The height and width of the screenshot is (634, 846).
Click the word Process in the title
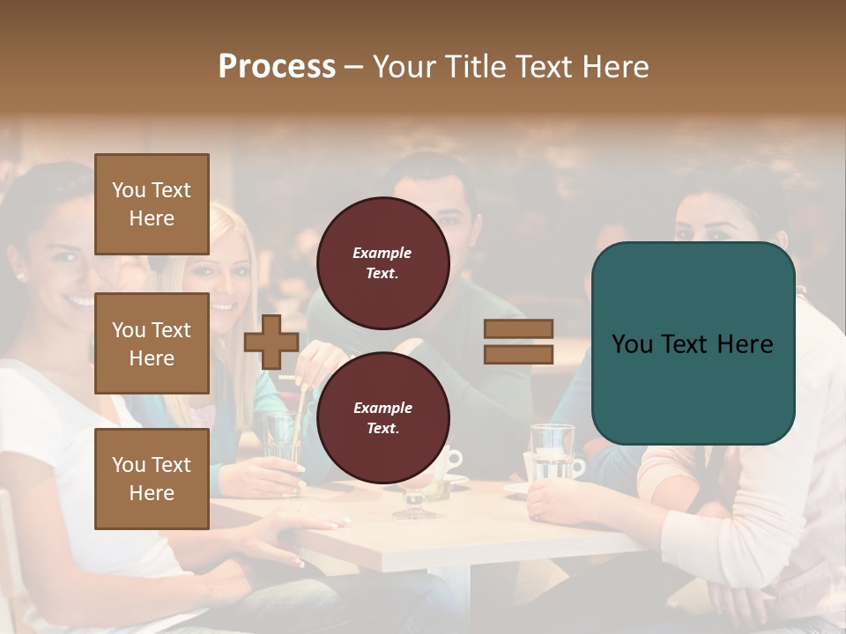point(277,67)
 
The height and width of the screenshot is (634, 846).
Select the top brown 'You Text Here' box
point(152,204)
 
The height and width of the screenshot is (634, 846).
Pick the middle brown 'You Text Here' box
point(152,343)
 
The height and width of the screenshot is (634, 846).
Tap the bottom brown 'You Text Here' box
point(152,478)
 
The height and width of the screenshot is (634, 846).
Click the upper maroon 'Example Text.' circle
point(382,262)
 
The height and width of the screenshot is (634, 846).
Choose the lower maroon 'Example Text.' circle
point(382,417)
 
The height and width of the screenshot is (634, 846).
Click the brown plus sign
point(271,342)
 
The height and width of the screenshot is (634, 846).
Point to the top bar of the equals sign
point(518,329)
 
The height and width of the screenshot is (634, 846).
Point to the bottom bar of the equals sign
point(518,354)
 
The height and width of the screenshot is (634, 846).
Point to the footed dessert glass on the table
point(412,498)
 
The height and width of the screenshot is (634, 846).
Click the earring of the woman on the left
point(19,276)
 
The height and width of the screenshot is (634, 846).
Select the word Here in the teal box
point(745,343)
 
